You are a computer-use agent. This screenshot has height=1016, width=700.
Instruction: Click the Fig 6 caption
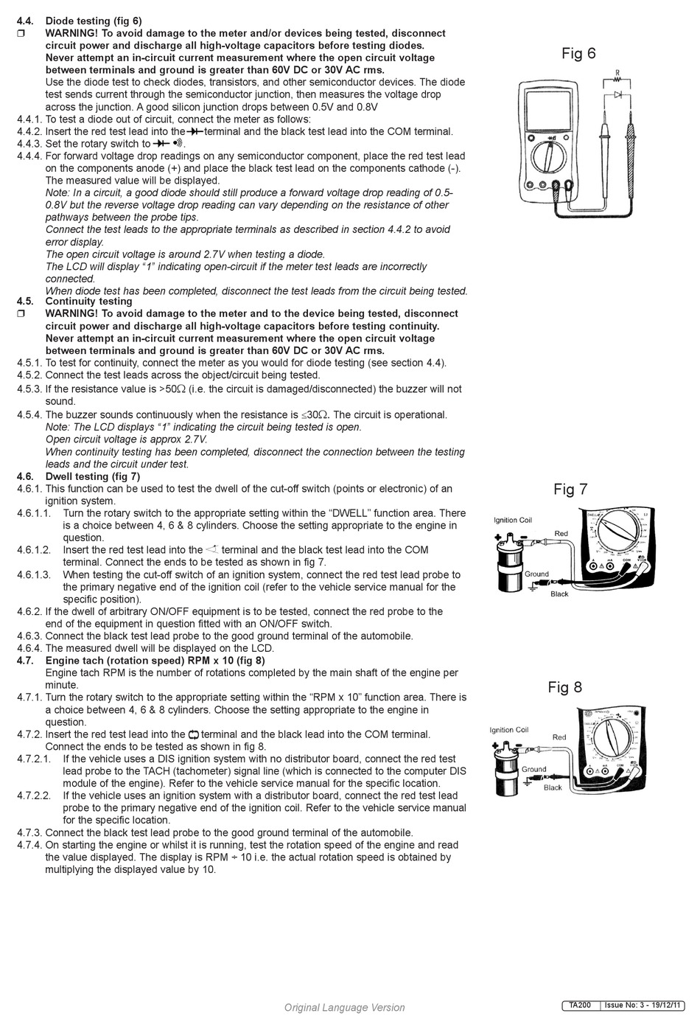tap(578, 53)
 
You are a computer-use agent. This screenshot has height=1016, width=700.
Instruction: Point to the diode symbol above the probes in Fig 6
tap(617, 95)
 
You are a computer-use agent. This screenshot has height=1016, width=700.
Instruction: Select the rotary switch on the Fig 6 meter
tap(549, 157)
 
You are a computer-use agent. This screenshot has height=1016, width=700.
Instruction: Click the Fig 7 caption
tap(570, 490)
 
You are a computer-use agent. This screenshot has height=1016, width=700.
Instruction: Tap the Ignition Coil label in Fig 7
tap(512, 520)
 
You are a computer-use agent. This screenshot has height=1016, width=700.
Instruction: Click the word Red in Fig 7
tap(561, 533)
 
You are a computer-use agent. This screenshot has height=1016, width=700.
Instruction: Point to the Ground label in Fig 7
tap(536, 574)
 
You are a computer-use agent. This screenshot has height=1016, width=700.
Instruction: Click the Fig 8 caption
tap(564, 687)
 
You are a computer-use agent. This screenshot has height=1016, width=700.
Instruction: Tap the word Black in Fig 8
tap(553, 787)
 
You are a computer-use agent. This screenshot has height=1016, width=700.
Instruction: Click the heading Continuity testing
tap(88, 301)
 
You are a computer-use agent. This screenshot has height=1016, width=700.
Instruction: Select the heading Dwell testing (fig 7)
tap(93, 476)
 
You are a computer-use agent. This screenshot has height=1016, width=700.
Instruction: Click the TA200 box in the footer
tap(580, 1005)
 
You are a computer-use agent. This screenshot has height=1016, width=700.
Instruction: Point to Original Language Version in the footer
tap(344, 1007)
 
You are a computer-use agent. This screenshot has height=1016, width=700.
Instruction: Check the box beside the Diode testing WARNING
tap(21, 33)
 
